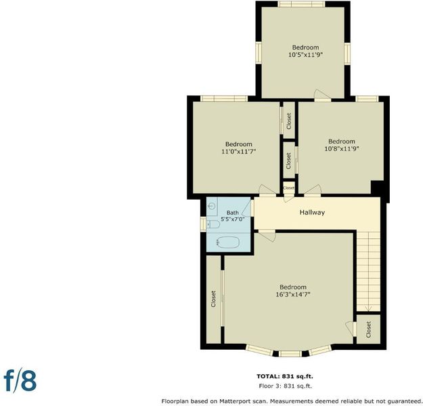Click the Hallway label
coord(312,212)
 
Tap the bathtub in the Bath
coord(228,242)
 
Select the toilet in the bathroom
coord(213,225)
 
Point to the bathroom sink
coord(212,206)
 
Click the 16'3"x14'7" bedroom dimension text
coord(292,294)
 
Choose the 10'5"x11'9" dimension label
coord(306,55)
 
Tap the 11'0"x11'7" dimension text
coord(238,152)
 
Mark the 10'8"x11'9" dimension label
coord(342,148)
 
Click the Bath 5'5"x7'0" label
coord(233,216)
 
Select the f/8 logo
coord(20,380)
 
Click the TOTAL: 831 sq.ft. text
coord(285,376)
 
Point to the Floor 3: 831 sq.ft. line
coord(285,386)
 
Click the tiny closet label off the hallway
coord(288,187)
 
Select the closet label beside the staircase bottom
coord(368,330)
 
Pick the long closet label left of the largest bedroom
coord(213,299)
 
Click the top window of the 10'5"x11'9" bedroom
coord(301,4)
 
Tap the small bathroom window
coord(203,224)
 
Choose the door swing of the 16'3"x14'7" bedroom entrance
coord(267,235)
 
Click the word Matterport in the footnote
coord(240,401)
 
